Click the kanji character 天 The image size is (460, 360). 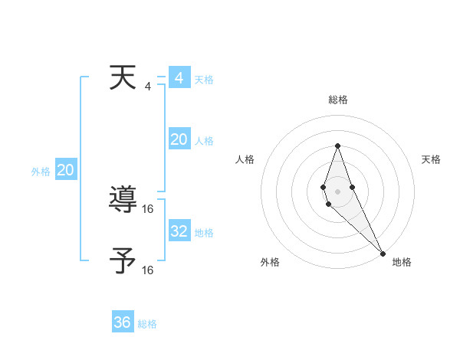click(x=123, y=78)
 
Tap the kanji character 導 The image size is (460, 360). click(x=123, y=201)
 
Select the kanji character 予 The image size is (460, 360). click(x=123, y=261)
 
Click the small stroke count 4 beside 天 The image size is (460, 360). click(x=148, y=86)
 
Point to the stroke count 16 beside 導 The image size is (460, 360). click(x=148, y=208)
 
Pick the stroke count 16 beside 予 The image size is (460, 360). click(x=148, y=270)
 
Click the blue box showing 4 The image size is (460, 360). click(x=179, y=78)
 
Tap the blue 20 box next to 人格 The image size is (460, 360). click(x=179, y=139)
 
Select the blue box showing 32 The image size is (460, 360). click(x=179, y=231)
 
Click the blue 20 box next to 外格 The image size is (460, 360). click(x=65, y=170)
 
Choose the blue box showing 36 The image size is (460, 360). click(x=123, y=322)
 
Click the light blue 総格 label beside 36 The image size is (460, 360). click(x=147, y=324)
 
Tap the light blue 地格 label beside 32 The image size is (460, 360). click(x=204, y=233)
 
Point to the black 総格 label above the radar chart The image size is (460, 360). click(x=338, y=100)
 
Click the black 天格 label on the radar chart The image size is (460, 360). click(x=432, y=159)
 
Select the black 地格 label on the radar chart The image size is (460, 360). click(x=402, y=262)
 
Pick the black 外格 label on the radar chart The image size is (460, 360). click(x=270, y=262)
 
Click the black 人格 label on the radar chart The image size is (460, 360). click(x=245, y=159)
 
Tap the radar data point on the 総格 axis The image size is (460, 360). click(x=338, y=146)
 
